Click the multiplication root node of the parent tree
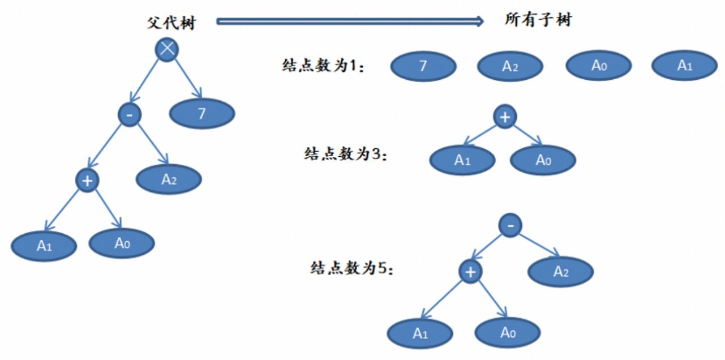click(x=166, y=49)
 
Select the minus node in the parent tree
click(x=130, y=115)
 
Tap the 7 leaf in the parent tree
click(x=202, y=114)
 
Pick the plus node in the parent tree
click(x=87, y=181)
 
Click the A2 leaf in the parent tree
click(x=169, y=180)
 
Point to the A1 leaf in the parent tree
click(x=44, y=246)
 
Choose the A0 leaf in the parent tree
click(x=122, y=243)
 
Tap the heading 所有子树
click(x=538, y=21)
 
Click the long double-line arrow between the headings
click(x=350, y=22)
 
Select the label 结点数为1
click(x=323, y=67)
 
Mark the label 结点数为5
click(x=351, y=268)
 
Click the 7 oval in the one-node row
click(x=423, y=67)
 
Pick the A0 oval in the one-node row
click(x=599, y=66)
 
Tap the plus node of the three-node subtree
click(x=505, y=117)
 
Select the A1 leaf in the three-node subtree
click(x=462, y=160)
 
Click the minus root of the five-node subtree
click(x=510, y=226)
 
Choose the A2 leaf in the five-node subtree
click(x=560, y=272)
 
